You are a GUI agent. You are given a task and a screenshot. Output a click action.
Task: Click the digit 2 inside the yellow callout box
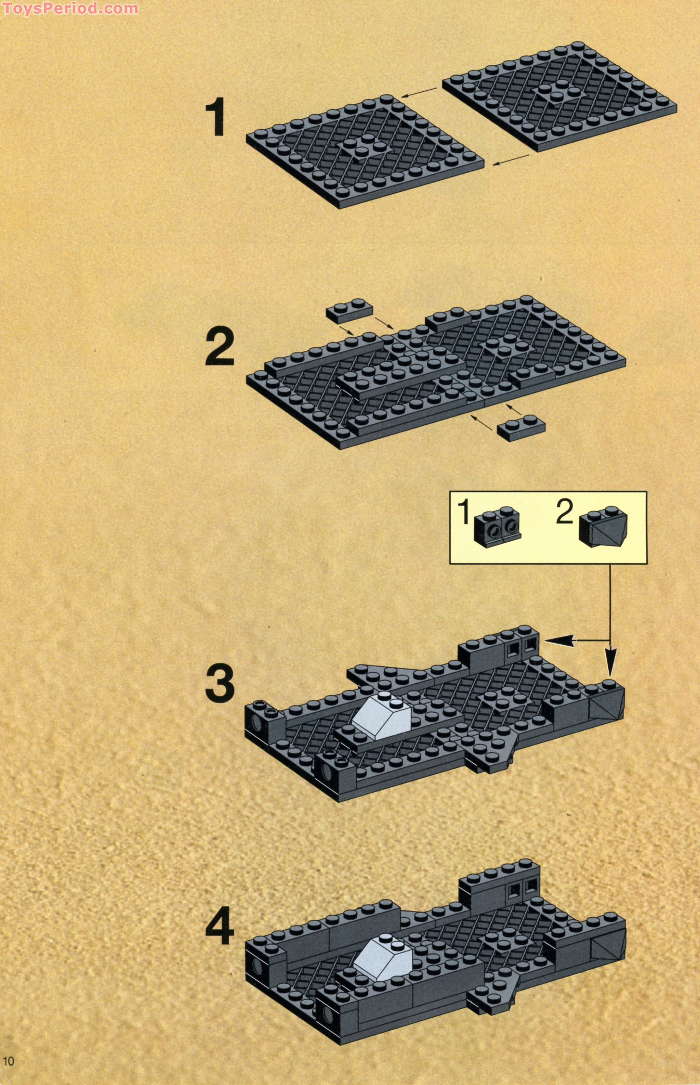tap(565, 513)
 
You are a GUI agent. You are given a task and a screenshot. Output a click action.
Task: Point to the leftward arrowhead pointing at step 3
tap(555, 641)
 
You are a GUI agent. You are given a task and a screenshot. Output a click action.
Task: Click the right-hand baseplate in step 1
tap(559, 98)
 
